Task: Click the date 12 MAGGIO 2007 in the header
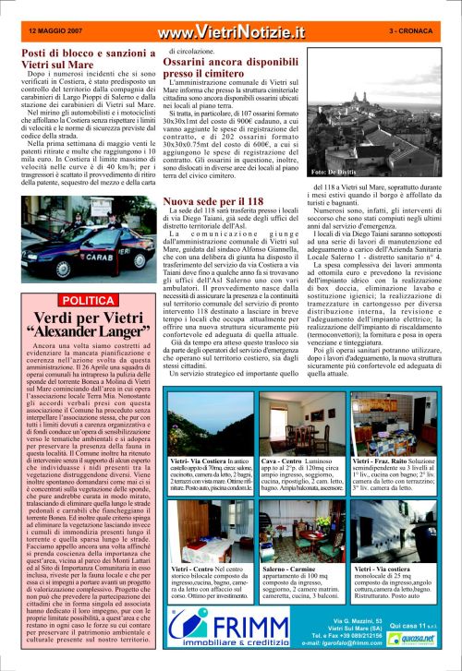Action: (55, 30)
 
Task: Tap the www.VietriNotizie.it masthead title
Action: (231, 32)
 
